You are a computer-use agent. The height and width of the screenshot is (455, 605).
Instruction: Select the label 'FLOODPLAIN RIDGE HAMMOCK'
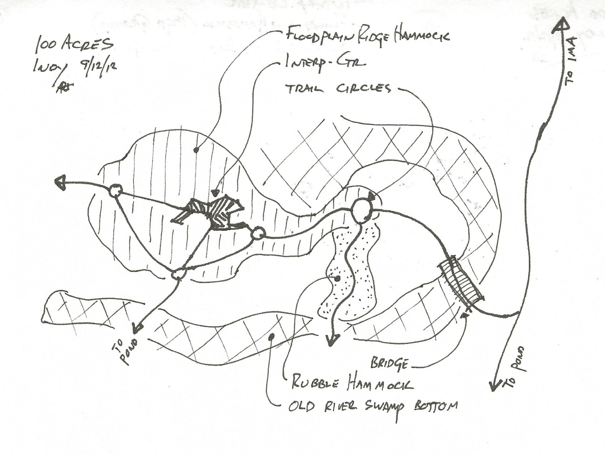click(x=367, y=35)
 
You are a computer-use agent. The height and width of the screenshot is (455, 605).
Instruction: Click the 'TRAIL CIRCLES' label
click(x=338, y=89)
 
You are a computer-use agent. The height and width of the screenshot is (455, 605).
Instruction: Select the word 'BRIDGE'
click(x=388, y=363)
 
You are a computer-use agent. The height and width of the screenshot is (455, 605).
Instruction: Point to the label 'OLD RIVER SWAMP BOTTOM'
click(x=373, y=407)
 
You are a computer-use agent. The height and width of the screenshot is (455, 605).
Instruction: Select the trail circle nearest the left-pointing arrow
click(x=115, y=191)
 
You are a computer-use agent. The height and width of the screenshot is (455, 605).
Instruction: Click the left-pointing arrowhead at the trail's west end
click(x=61, y=183)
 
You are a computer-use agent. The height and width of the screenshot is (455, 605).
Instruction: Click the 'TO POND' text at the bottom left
click(x=126, y=351)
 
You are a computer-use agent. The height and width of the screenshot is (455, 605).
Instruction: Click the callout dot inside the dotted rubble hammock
click(x=338, y=278)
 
